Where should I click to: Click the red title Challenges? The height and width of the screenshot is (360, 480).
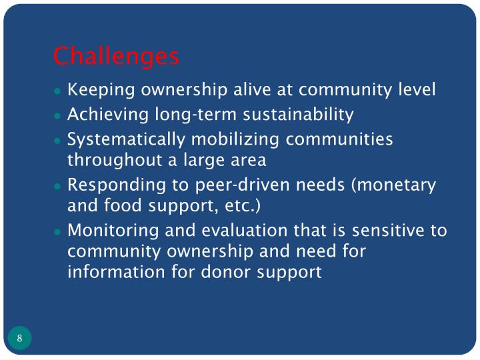[x=116, y=56]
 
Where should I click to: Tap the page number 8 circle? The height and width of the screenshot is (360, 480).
[x=20, y=338]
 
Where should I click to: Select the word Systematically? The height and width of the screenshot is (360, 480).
[x=125, y=140]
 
